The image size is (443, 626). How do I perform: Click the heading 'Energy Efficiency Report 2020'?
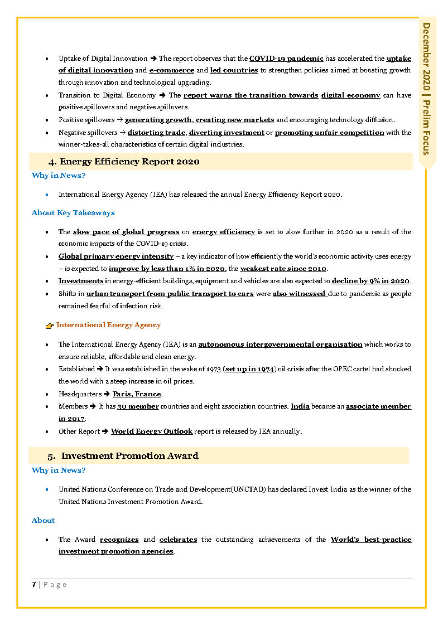(x=129, y=162)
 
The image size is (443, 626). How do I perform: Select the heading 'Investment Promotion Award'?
(x=129, y=456)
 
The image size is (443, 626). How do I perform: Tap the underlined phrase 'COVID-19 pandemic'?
(x=286, y=59)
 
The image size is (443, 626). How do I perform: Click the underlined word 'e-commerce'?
(x=171, y=70)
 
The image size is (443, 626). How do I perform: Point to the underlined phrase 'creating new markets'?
(x=235, y=120)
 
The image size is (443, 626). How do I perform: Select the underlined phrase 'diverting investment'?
(x=227, y=133)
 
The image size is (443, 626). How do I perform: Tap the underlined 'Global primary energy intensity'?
(x=116, y=256)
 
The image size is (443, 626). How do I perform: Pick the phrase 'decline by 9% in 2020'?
(x=370, y=281)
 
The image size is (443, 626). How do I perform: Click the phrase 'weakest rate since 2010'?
(x=283, y=269)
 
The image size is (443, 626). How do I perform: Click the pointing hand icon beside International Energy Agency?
(x=50, y=326)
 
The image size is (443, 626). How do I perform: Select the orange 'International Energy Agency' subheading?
(x=108, y=325)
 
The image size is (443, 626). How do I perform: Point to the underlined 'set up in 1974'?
(x=249, y=369)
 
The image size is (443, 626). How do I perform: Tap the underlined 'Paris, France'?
(x=137, y=394)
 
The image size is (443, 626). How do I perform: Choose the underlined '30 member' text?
(x=138, y=406)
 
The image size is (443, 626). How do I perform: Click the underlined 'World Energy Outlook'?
(x=152, y=431)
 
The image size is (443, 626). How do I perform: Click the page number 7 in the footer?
(x=34, y=584)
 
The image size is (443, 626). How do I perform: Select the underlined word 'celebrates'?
(x=178, y=540)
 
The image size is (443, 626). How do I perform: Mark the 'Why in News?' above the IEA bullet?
(x=59, y=176)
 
